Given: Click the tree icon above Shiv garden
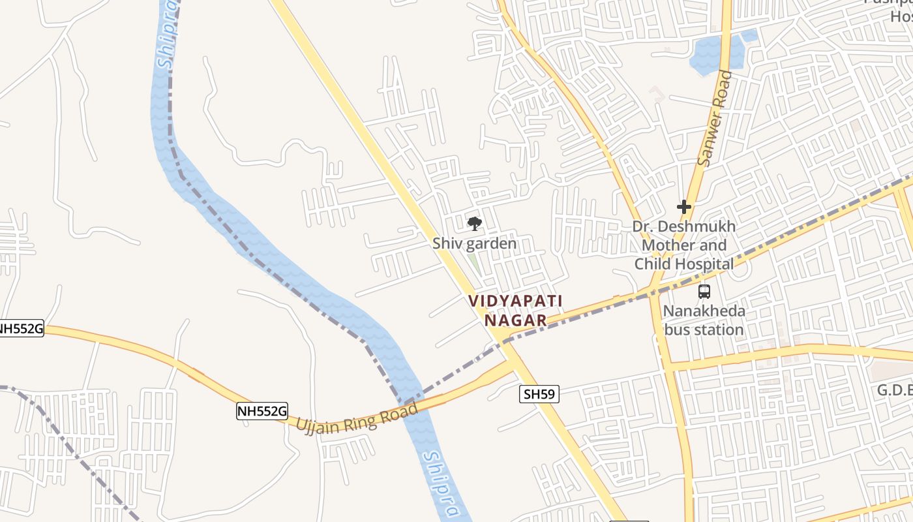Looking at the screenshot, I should [475, 224].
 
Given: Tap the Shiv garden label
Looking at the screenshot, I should [475, 244].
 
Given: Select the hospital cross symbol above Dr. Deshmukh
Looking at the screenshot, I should [683, 207].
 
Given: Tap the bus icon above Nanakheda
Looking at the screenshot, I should [704, 292].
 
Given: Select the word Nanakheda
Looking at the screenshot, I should [704, 311].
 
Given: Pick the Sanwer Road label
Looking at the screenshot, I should [715, 118].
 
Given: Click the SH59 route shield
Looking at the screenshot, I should [539, 394].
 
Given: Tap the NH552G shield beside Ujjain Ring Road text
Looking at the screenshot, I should [262, 411].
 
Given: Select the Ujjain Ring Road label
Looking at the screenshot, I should [357, 418].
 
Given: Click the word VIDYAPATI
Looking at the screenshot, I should [515, 301].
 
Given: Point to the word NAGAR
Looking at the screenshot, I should [515, 320].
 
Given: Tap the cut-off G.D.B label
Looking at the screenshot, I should [894, 390].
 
